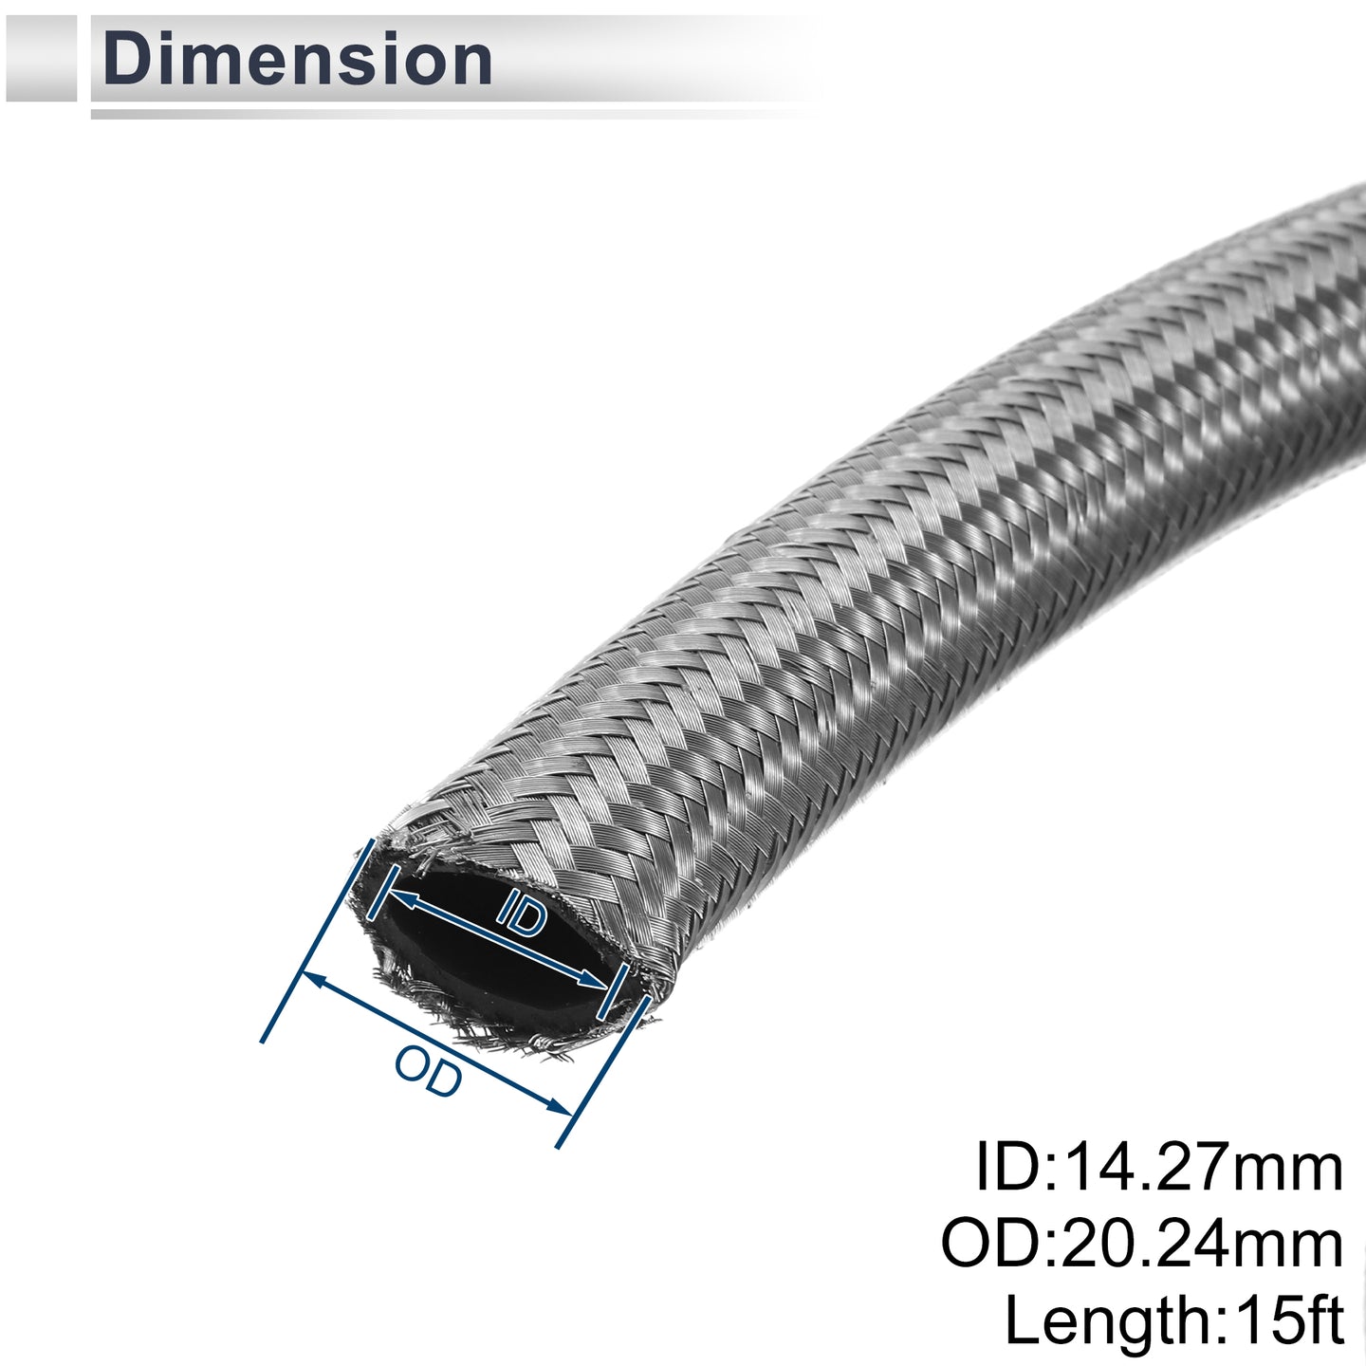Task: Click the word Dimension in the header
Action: [297, 60]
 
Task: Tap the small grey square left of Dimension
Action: [41, 58]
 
